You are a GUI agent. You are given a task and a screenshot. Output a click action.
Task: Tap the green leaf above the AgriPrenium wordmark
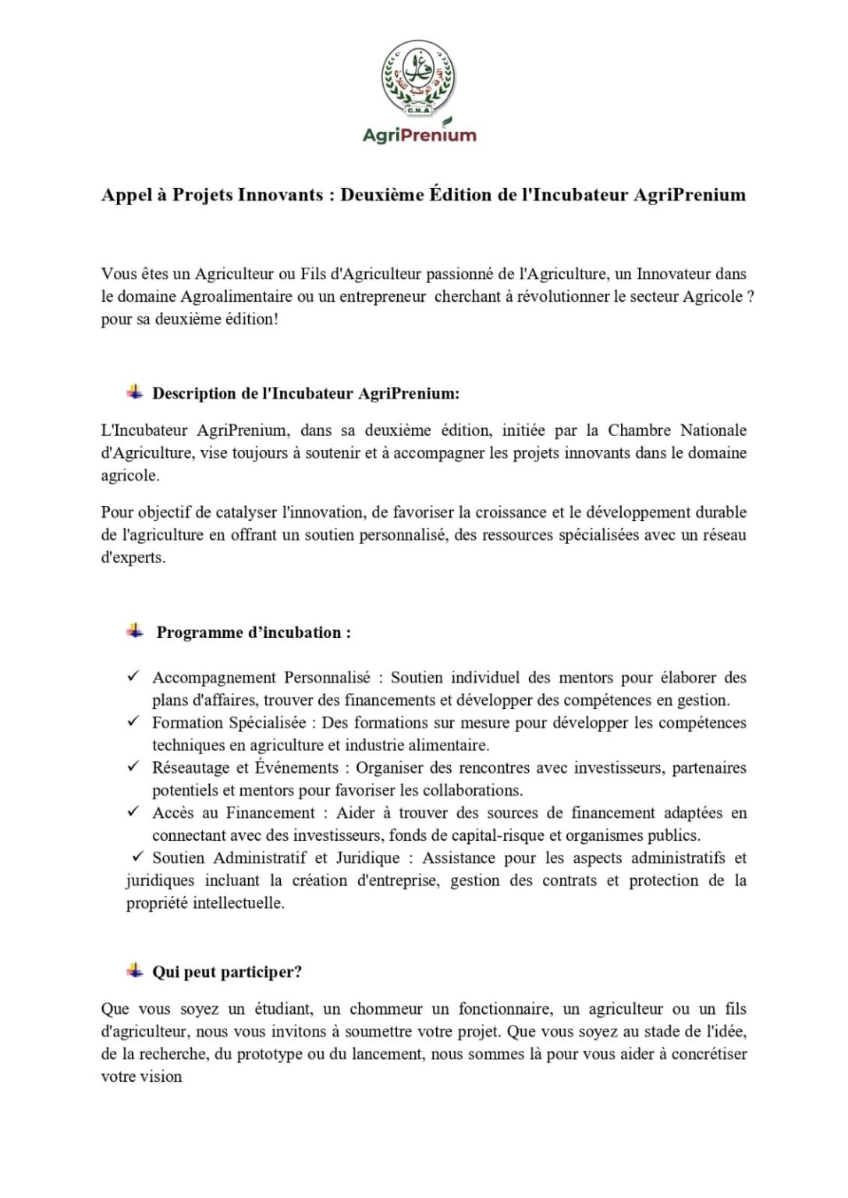point(446,122)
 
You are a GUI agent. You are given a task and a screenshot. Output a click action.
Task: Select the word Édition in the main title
point(460,195)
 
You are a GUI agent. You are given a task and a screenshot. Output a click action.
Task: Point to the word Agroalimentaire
point(236,297)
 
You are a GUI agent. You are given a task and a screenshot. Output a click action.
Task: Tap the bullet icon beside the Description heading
point(135,392)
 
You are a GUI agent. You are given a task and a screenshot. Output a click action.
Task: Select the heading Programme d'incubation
point(254,633)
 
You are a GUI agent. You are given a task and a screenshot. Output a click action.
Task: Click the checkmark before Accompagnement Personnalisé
point(133,676)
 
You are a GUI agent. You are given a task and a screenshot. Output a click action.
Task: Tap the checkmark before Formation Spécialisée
point(133,721)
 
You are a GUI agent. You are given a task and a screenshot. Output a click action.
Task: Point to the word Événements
point(296,768)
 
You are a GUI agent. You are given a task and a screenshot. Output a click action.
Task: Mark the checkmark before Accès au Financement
point(133,812)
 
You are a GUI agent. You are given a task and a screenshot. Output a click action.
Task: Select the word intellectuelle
point(238,903)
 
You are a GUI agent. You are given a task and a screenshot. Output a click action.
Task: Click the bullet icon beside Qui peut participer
point(135,971)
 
